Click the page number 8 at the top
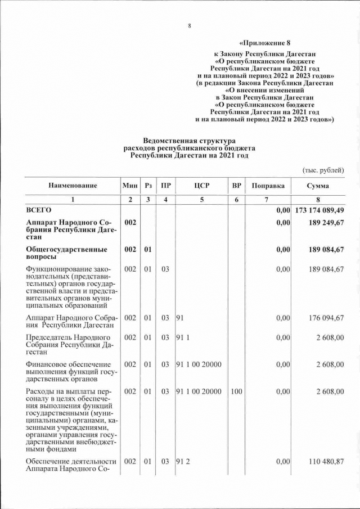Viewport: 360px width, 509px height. [190, 26]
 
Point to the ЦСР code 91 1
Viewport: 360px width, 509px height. [182, 337]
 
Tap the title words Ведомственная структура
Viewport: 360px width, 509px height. [189, 140]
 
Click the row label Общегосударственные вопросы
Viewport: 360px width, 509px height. [64, 253]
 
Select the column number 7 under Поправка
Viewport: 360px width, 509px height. [268, 200]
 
